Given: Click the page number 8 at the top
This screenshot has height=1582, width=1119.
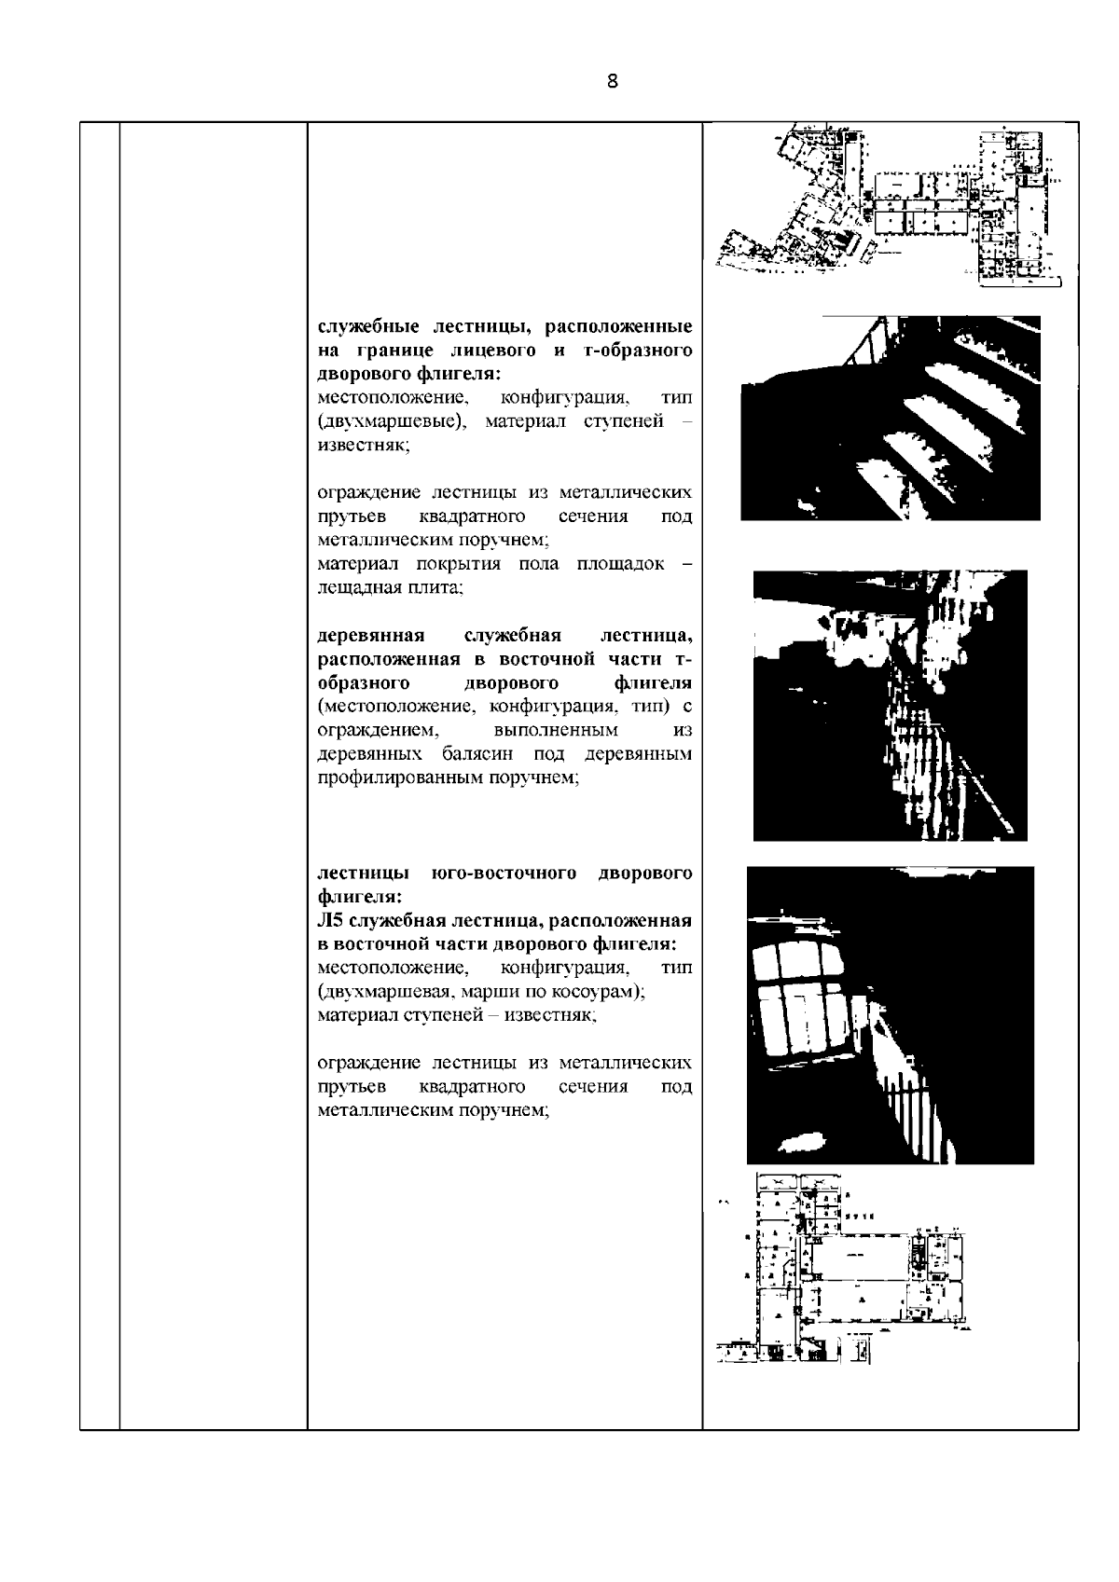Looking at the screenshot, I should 612,81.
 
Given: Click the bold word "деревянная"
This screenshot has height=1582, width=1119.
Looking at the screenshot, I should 371,636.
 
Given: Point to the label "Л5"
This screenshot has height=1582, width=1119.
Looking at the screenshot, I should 330,921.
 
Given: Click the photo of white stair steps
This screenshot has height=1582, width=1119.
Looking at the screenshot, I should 890,418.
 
